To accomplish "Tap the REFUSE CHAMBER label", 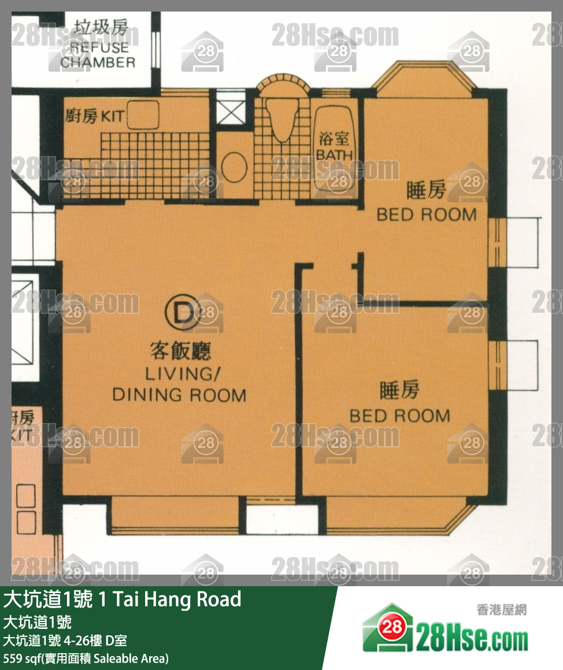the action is point(98,55).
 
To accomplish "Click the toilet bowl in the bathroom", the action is point(281,119).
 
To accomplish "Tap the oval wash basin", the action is point(235,167).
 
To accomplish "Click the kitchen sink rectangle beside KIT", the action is point(143,114).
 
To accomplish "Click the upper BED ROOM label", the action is point(427,214).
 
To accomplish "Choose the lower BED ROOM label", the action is point(400,416).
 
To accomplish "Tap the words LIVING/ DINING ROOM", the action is point(179,384).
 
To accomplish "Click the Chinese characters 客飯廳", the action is point(181,351).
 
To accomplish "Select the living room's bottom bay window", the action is point(175,514).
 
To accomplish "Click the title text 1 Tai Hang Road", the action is point(169,599).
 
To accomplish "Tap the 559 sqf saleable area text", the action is point(86,658).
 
